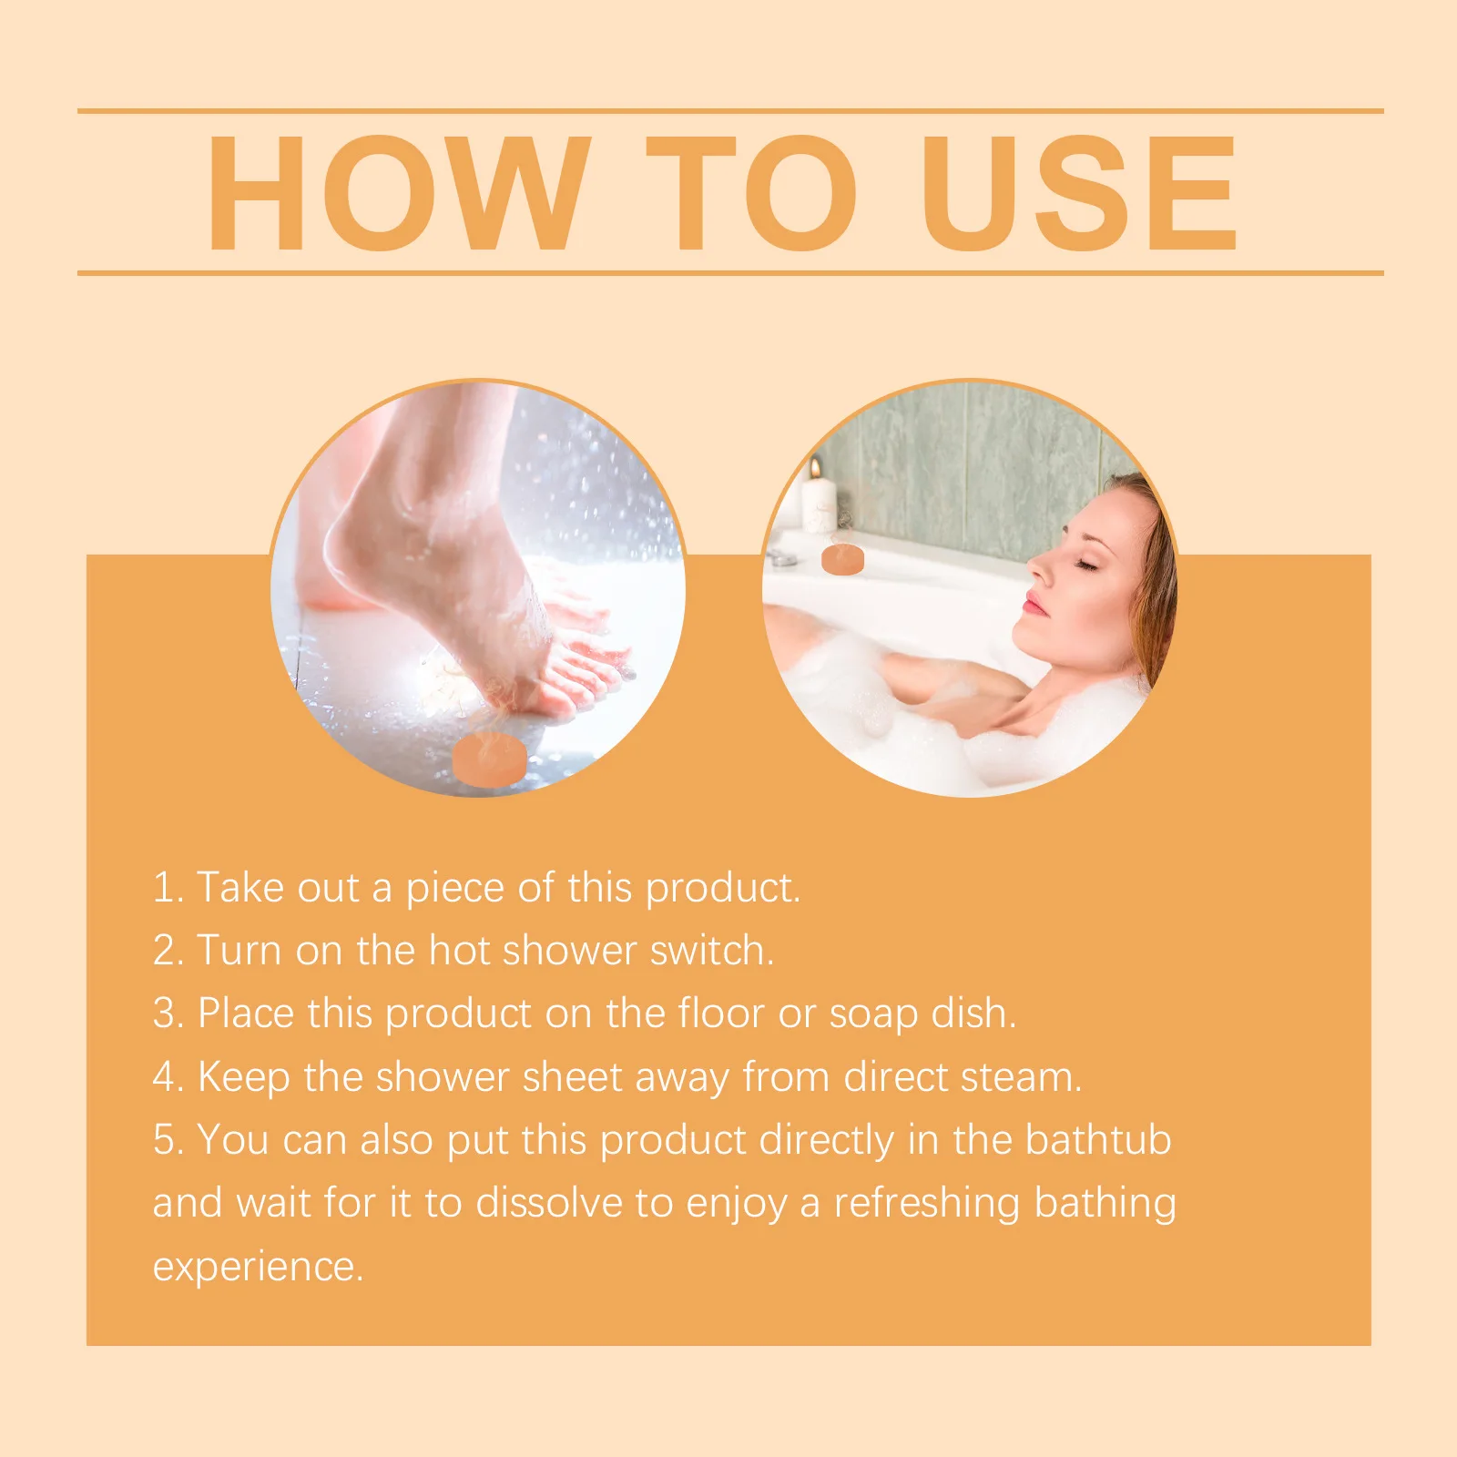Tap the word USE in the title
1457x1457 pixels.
(1078, 192)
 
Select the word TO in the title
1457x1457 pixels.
(750, 192)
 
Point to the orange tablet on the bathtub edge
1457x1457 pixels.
(842, 558)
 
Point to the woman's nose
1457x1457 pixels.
(1038, 569)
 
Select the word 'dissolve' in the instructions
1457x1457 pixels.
(549, 1203)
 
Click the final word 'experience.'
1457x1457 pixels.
(258, 1267)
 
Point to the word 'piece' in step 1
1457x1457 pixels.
(454, 888)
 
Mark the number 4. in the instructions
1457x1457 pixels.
(168, 1077)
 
